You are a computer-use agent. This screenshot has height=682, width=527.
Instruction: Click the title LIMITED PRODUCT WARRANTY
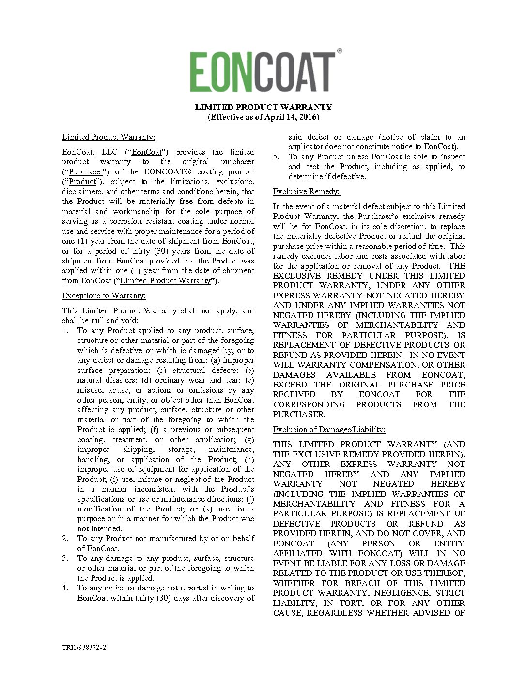tap(263, 107)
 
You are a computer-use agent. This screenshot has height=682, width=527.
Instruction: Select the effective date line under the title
tap(263, 117)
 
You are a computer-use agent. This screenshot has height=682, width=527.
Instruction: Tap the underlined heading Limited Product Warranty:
tap(108, 137)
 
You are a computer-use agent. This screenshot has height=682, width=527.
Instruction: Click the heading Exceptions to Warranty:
tap(104, 296)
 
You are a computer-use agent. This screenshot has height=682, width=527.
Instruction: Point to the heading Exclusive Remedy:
tap(306, 192)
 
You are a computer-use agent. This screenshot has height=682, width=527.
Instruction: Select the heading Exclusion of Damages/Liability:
tap(329, 430)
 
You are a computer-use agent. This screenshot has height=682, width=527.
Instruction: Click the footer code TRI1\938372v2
tap(84, 647)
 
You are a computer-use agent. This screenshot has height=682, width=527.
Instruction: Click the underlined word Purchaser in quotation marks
tap(86, 172)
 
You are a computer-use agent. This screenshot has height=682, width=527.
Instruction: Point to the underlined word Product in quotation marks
tap(82, 182)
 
